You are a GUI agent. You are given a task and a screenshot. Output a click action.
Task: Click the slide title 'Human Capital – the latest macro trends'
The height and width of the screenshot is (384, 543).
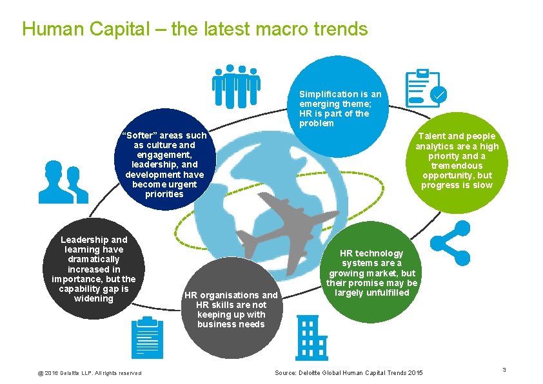[195, 29]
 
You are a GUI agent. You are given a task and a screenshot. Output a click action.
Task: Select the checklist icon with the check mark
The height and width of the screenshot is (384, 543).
[424, 88]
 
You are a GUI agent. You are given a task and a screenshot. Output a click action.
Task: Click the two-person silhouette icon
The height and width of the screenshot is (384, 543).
[63, 182]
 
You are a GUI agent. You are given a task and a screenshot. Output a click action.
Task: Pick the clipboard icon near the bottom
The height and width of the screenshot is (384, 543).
[147, 337]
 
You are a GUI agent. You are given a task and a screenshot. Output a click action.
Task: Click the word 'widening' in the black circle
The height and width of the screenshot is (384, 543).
[94, 298]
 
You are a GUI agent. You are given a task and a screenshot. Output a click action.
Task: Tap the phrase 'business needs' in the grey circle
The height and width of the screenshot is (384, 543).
[231, 324]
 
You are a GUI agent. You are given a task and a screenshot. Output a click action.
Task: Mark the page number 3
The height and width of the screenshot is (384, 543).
[504, 369]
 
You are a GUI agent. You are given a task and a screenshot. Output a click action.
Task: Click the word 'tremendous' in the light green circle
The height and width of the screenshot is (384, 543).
[457, 166]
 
